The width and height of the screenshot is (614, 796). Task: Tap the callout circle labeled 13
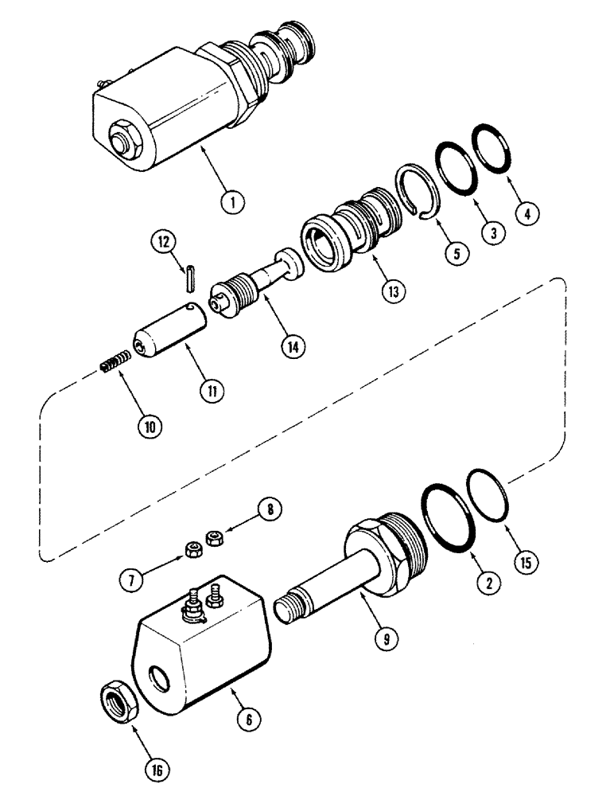pos(391,291)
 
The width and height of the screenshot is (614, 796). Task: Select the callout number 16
pos(159,770)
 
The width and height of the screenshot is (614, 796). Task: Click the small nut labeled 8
pos(212,538)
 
